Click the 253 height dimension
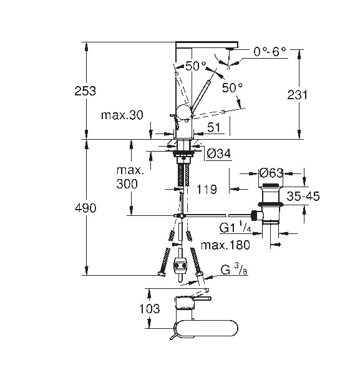pyautogui.click(x=85, y=91)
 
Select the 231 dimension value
pyautogui.click(x=297, y=95)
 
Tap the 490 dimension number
pyautogui.click(x=85, y=208)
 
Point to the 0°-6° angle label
pyautogui.click(x=270, y=51)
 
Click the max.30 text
pyautogui.click(x=122, y=115)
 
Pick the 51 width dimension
pyautogui.click(x=213, y=127)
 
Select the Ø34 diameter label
pyautogui.click(x=219, y=153)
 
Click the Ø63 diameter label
pyautogui.click(x=271, y=173)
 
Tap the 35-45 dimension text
pyautogui.click(x=303, y=197)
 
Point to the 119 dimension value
pyautogui.click(x=207, y=189)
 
